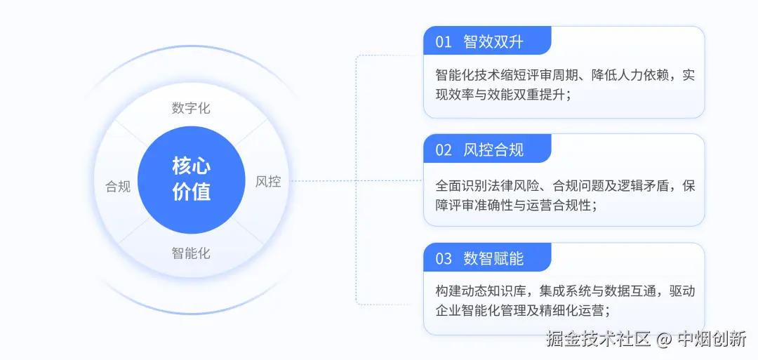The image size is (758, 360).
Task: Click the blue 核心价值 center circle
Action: click(191, 180)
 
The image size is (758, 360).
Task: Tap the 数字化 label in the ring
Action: click(191, 108)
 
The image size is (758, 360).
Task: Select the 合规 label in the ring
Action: click(118, 187)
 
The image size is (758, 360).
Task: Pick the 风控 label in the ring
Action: click(268, 182)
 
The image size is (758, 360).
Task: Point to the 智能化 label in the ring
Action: click(191, 253)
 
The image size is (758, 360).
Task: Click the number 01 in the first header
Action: click(444, 42)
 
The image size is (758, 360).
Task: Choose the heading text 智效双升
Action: click(493, 42)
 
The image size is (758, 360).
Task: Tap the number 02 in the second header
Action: click(444, 149)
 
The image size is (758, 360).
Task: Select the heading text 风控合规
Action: click(493, 149)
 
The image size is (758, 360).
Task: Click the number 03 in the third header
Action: click(444, 258)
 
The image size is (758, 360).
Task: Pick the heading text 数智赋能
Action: click(493, 258)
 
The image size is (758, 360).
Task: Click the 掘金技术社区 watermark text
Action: click(598, 340)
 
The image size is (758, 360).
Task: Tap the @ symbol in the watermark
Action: click(664, 340)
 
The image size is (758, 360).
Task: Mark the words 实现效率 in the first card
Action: click(689, 76)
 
